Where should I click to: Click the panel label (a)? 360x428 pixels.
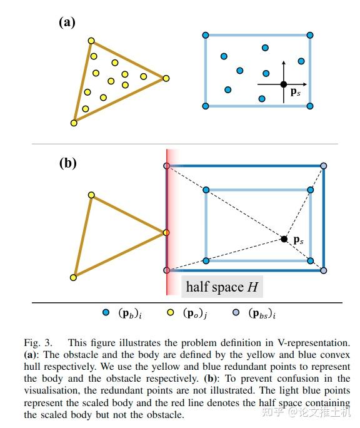point(67,22)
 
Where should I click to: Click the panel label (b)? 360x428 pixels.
point(67,163)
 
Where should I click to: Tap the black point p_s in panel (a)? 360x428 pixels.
point(284,84)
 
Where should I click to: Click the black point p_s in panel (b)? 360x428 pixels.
point(284,239)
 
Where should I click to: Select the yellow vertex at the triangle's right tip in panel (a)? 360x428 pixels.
point(166,79)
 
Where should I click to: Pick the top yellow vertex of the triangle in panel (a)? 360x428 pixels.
point(91,41)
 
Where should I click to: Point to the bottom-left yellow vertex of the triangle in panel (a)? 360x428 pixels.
point(74,123)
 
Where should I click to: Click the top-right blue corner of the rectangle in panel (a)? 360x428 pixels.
point(310,35)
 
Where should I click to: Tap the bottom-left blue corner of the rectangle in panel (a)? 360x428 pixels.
point(206,106)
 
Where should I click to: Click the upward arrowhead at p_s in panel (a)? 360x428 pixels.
point(284,63)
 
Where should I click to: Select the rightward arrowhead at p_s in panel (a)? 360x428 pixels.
point(305,84)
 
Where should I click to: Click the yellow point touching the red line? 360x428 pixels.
point(166,233)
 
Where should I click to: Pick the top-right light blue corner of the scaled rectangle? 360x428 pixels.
point(324,166)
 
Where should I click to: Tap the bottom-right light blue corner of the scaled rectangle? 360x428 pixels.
point(324,270)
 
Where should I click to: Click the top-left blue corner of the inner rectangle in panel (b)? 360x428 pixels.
point(206,190)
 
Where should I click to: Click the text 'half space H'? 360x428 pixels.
point(222,287)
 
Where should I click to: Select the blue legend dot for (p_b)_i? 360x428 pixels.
point(106,312)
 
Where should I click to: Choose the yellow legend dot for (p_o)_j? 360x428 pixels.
point(171,312)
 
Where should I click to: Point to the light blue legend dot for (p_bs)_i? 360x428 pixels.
point(236,312)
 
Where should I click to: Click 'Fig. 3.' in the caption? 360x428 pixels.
point(38,343)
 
